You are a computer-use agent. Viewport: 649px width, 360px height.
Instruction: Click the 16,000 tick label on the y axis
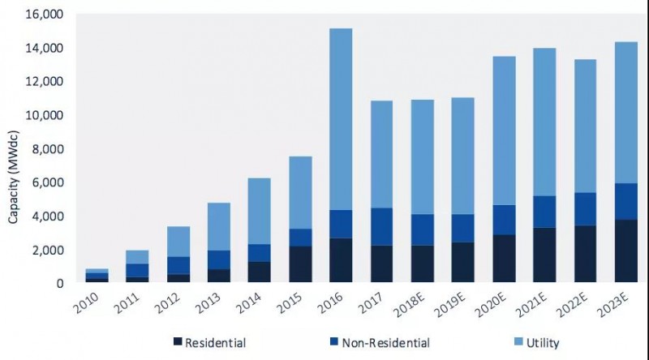pyautogui.click(x=40, y=15)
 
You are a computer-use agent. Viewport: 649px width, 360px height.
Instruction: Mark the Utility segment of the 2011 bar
pyautogui.click(x=137, y=257)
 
